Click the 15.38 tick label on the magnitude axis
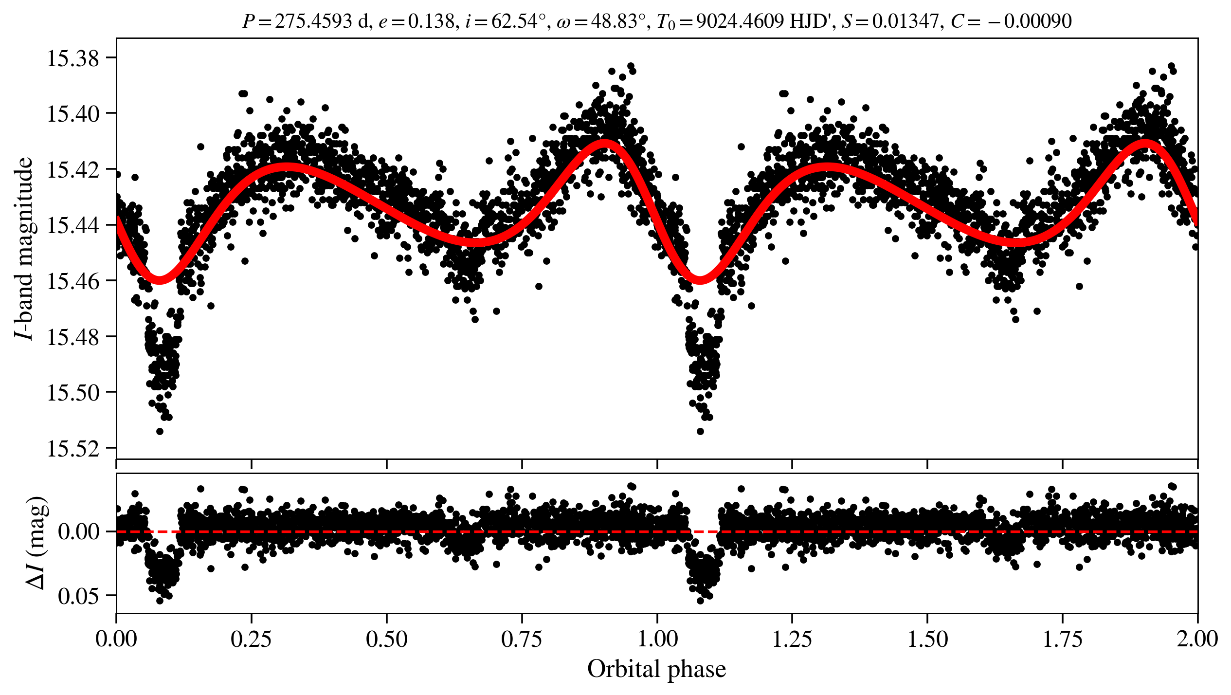pyautogui.click(x=72, y=58)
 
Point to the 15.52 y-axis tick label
pyautogui.click(x=72, y=449)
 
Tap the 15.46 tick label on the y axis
pyautogui.click(x=72, y=281)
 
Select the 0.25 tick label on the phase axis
pyautogui.click(x=251, y=639)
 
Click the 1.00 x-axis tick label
pyautogui.click(x=657, y=639)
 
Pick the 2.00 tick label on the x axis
pyautogui.click(x=1197, y=639)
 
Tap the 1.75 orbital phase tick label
pyautogui.click(x=1063, y=639)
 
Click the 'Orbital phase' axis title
pyautogui.click(x=656, y=669)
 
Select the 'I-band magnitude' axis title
pyautogui.click(x=24, y=248)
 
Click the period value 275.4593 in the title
pyautogui.click(x=313, y=21)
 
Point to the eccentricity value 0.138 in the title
pyautogui.click(x=431, y=21)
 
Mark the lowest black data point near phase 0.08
pyautogui.click(x=160, y=431)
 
